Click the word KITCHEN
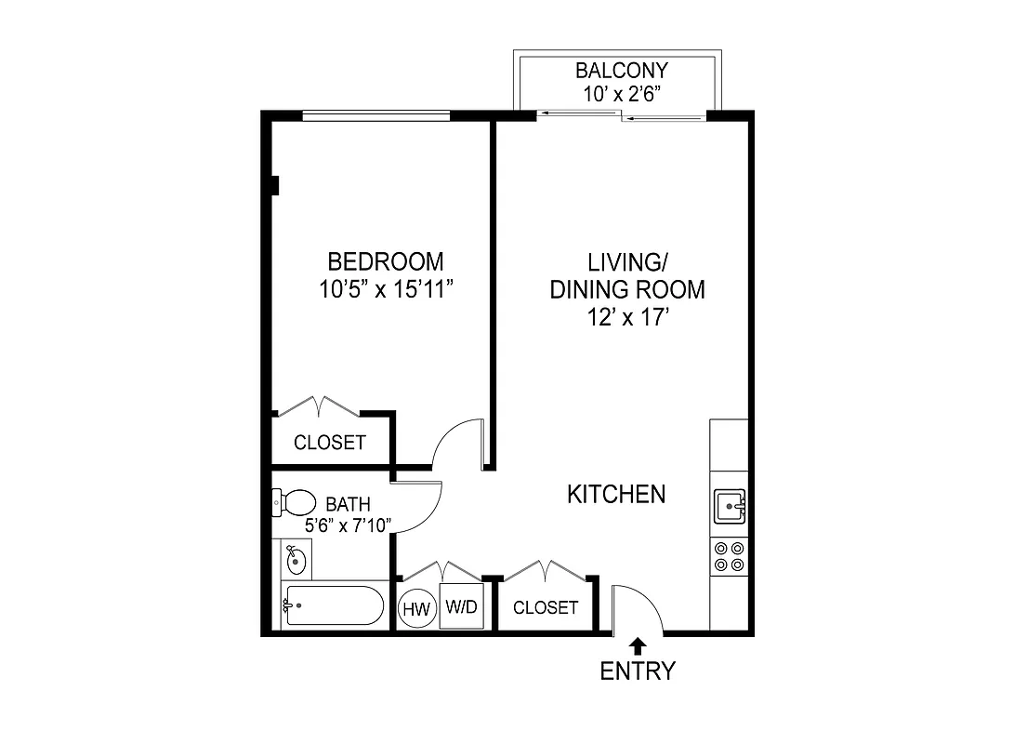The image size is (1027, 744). [616, 494]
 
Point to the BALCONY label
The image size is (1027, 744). [621, 71]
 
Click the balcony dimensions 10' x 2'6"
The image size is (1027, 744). [621, 92]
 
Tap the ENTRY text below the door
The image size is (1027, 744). [638, 671]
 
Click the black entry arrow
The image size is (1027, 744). [638, 644]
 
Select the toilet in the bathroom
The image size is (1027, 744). [293, 503]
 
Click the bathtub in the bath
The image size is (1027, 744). [332, 607]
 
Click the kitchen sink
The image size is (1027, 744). [730, 508]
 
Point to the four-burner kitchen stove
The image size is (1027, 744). [729, 556]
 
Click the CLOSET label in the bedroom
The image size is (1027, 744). [330, 443]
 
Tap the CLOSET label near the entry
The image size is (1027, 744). [546, 608]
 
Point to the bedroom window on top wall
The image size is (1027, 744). [376, 116]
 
